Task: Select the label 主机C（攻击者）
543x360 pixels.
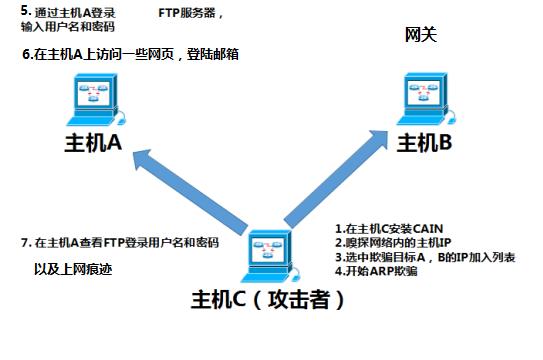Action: pos(272,299)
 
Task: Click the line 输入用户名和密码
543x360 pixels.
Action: pos(60,27)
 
